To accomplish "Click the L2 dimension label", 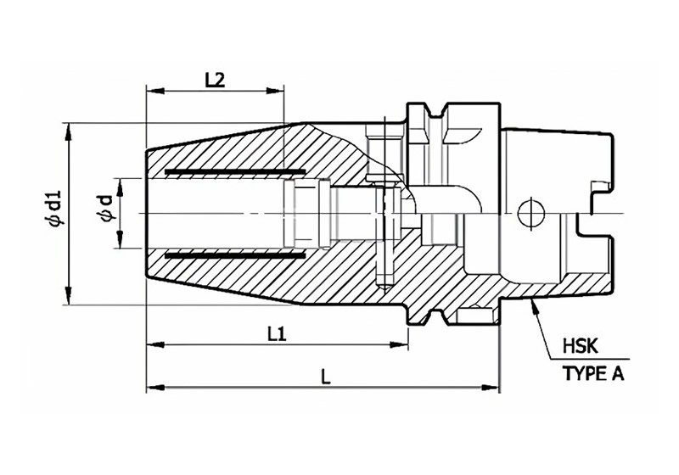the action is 215,80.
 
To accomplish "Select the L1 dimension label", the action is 277,334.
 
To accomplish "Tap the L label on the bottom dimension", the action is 326,378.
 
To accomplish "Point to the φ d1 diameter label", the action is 55,208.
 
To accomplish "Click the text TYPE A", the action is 593,373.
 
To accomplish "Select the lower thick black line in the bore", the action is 235,255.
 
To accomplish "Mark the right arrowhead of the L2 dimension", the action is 275,91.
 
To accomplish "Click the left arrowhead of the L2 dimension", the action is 155,91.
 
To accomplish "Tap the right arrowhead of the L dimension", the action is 491,386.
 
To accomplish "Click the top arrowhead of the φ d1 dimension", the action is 68,132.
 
